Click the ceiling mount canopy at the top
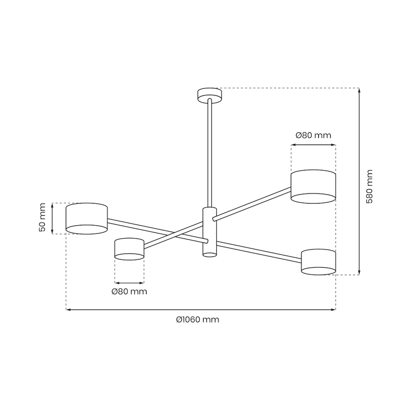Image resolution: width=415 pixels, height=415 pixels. point(210,94)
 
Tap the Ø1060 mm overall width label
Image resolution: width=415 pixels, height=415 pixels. point(198,320)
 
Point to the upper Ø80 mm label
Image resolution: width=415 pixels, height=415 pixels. point(313,135)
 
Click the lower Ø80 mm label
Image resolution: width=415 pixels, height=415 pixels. point(129,292)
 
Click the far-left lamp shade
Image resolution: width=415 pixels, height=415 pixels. point(87,218)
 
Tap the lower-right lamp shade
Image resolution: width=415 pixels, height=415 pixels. point(319,261)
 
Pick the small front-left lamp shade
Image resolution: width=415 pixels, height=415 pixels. point(129,249)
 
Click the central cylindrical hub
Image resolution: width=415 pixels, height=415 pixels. point(210,231)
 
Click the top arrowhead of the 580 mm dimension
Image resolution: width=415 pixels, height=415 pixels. point(359,90)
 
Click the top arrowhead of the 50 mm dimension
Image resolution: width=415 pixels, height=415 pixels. point(52,204)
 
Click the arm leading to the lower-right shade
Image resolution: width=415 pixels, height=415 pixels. point(259,250)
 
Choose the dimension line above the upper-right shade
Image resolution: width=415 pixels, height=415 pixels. point(313,146)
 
